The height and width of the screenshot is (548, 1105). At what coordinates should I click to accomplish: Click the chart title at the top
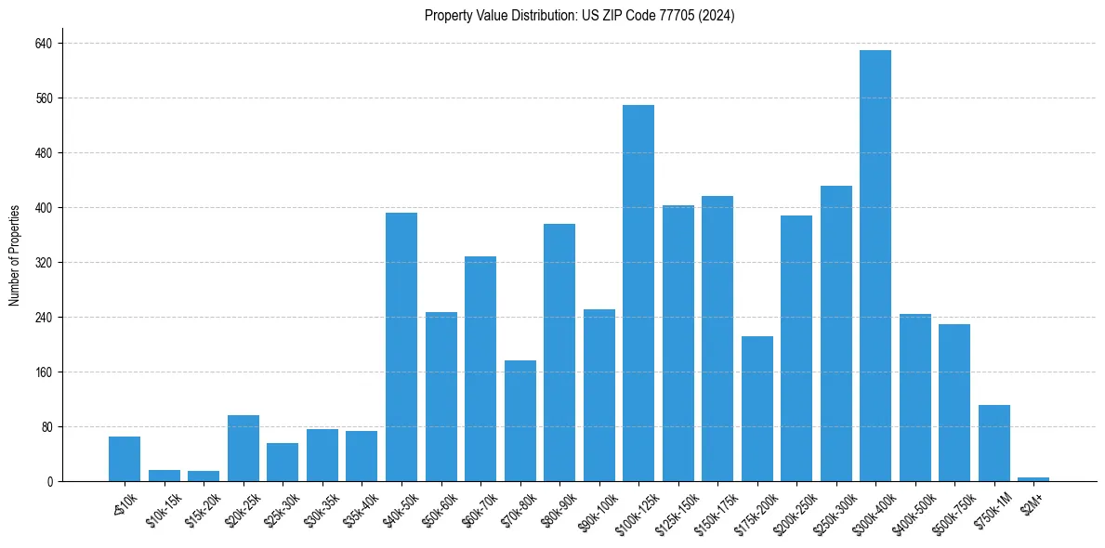click(x=579, y=16)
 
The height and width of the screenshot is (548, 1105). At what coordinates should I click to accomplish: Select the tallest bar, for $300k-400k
click(x=875, y=266)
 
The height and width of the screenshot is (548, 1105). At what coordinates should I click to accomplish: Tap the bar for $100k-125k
click(x=638, y=293)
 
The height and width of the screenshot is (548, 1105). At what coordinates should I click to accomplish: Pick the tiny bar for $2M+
click(x=1033, y=479)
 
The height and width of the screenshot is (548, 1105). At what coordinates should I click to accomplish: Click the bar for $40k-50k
click(x=401, y=346)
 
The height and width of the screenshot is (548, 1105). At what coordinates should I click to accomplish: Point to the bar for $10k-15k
click(x=164, y=476)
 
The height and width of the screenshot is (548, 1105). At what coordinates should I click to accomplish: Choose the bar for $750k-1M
click(x=993, y=443)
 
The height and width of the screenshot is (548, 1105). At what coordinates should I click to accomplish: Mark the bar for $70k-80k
click(x=520, y=421)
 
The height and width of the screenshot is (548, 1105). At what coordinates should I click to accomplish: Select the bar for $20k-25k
click(x=243, y=448)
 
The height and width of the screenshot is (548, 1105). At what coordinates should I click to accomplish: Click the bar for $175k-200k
click(x=757, y=409)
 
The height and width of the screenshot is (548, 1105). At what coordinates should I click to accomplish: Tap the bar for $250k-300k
click(x=836, y=333)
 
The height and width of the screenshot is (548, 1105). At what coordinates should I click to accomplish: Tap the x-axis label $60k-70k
click(x=476, y=508)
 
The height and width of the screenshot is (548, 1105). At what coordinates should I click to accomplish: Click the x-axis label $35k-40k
click(x=358, y=508)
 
